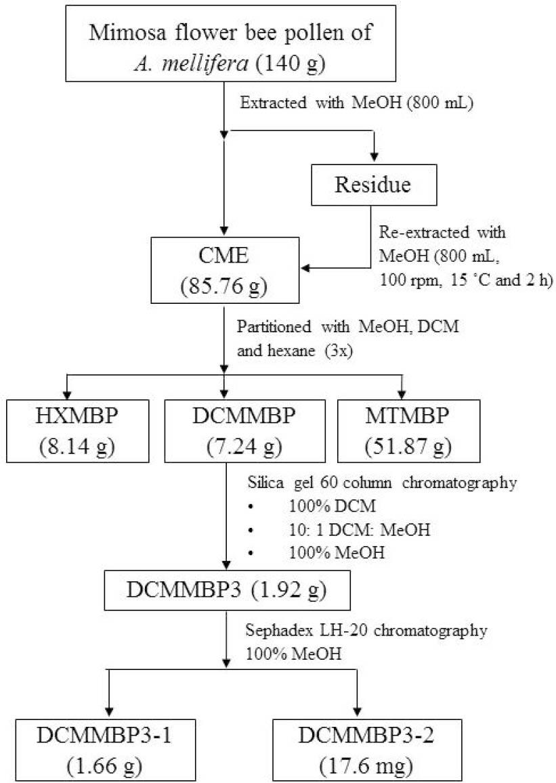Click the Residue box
373,186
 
